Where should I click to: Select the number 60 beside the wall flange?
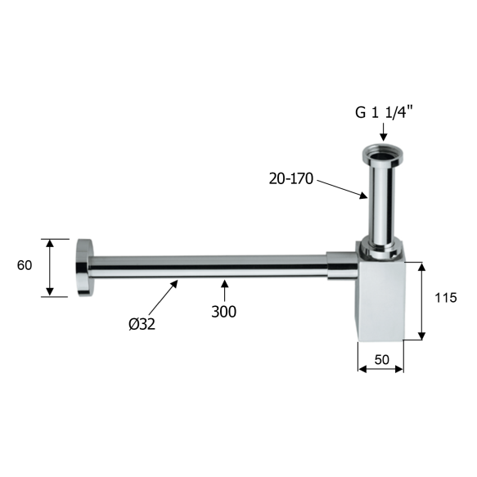(25, 265)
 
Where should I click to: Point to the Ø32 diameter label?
(141, 323)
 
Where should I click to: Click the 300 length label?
(223, 312)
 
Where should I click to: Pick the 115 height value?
(446, 299)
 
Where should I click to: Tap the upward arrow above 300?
(225, 290)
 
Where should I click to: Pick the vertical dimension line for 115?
(422, 300)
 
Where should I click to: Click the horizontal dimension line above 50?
(380, 369)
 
